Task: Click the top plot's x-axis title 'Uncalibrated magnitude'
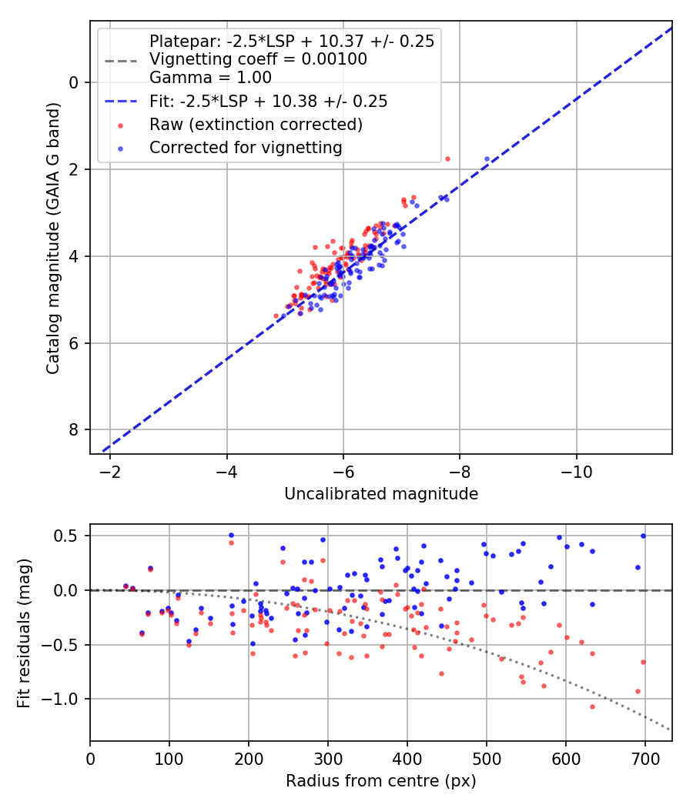381,494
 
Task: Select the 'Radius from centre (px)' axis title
381,781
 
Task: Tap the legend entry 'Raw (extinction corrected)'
256,124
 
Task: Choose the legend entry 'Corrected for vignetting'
246,147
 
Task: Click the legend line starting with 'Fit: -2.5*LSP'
268,101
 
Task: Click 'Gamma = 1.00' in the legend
210,77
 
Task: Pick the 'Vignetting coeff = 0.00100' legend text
258,59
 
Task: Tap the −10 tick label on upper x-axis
577,471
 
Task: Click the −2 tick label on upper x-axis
110,471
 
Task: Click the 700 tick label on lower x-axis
643,758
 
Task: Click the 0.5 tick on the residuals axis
70,536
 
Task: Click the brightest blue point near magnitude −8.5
487,159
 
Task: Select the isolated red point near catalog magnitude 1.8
447,159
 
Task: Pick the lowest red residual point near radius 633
592,706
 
